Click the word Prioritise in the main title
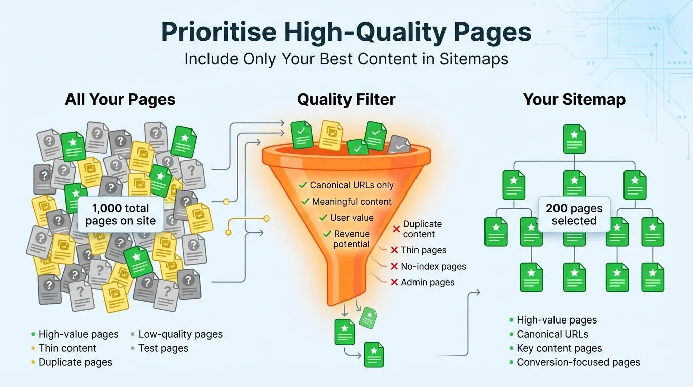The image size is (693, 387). [219, 32]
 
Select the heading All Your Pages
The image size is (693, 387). [120, 99]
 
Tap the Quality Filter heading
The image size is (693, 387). [346, 99]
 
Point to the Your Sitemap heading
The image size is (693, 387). [574, 99]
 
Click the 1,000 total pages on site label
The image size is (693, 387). [120, 214]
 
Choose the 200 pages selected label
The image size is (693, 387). [574, 214]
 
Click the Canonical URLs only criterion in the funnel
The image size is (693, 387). [352, 185]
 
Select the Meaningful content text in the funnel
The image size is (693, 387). [352, 202]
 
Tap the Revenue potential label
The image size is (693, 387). [352, 239]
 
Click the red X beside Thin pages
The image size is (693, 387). [395, 250]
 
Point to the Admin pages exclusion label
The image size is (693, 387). [428, 282]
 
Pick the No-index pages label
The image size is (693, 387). [433, 266]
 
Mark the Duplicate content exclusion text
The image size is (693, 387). [422, 229]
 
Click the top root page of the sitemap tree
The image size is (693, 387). [574, 139]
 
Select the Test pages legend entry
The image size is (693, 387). [163, 348]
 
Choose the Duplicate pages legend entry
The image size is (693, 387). [75, 362]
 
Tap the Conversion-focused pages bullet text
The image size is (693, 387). [578, 362]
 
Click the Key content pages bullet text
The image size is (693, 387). [559, 348]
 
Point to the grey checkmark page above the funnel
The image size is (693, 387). [399, 145]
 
